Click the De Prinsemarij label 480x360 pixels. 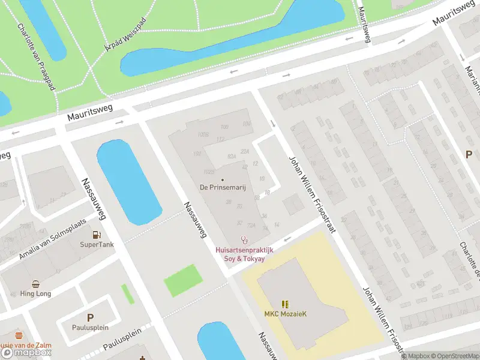tap(223, 187)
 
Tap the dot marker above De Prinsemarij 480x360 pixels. tap(223, 179)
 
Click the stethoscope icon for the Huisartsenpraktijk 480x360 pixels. tap(244, 239)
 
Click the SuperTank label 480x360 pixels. tap(96, 245)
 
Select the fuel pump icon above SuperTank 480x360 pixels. tap(97, 235)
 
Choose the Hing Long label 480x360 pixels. tap(36, 294)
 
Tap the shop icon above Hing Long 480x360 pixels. tap(36, 284)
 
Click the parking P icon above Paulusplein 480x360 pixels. tap(91, 318)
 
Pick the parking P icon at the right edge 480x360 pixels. tap(469, 154)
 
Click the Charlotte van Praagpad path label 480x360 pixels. tap(37, 57)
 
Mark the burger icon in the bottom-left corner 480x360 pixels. tap(19, 336)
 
